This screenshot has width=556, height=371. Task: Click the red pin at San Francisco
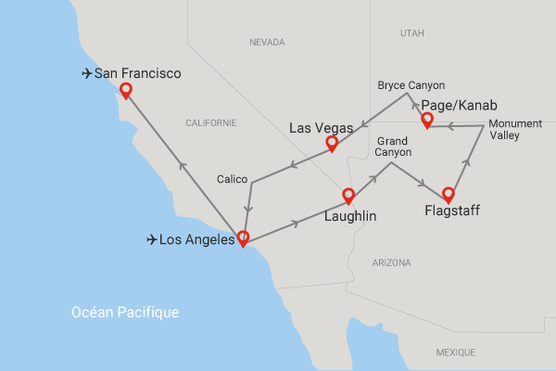125,91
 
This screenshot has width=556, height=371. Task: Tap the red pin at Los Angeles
243,237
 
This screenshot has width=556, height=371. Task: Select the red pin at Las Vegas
332,144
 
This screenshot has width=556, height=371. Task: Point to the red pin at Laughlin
348,196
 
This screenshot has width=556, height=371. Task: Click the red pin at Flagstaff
449,195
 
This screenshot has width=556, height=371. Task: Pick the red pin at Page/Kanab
427,121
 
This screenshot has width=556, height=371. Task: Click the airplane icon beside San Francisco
87,73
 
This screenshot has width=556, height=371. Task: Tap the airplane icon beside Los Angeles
152,240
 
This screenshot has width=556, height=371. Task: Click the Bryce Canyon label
411,85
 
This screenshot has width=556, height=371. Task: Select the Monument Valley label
517,130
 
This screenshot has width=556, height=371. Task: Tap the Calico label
231,178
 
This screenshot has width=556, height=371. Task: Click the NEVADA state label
269,43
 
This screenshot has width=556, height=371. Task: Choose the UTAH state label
411,32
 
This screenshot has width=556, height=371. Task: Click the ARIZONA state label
390,263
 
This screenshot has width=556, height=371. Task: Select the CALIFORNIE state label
211,123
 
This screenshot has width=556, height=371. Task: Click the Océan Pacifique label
125,313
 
